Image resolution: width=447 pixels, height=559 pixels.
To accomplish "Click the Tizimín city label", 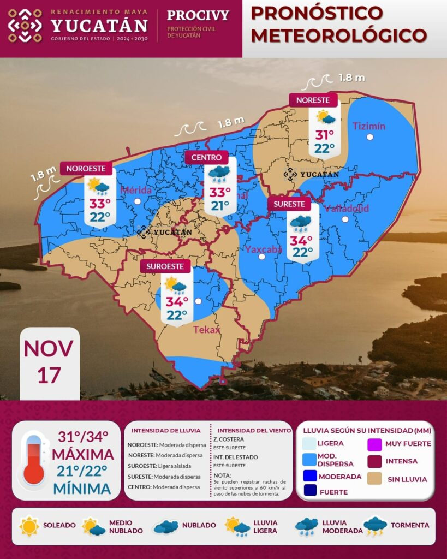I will pyautogui.click(x=369, y=126).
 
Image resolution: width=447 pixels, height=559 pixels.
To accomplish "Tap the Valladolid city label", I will pyautogui.click(x=347, y=209).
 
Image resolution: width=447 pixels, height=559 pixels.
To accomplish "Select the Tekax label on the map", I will pyautogui.click(x=206, y=329).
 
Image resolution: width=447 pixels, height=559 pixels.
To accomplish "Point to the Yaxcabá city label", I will pyautogui.click(x=263, y=249).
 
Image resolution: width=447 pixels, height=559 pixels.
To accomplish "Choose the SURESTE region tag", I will pyautogui.click(x=289, y=204).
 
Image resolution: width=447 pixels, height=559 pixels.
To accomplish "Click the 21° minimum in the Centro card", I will pyautogui.click(x=220, y=206).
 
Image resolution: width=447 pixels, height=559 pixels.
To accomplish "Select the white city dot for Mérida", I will pyautogui.click(x=138, y=201).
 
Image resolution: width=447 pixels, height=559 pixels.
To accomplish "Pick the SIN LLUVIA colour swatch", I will pyautogui.click(x=374, y=479).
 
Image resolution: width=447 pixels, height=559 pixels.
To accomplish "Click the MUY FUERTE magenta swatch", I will pyautogui.click(x=374, y=443).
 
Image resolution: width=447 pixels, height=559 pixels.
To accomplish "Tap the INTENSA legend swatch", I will pyautogui.click(x=374, y=461).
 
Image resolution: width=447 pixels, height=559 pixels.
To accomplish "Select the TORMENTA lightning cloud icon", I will pyautogui.click(x=375, y=526).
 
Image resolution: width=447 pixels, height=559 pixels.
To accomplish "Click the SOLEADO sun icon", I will pyautogui.click(x=29, y=526).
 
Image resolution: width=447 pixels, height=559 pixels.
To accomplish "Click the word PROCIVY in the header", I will pyautogui.click(x=198, y=15).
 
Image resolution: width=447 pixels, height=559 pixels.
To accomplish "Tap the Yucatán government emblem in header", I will pyautogui.click(x=25, y=26).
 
